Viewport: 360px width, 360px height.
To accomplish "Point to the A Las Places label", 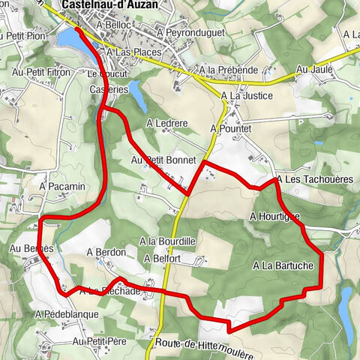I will [x=135, y=53].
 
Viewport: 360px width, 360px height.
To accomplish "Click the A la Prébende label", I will [x=229, y=70].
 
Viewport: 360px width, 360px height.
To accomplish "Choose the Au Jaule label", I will [x=313, y=69].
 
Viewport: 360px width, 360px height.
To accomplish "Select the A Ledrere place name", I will [x=166, y=123].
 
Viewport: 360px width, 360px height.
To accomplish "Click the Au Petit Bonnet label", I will [x=163, y=160].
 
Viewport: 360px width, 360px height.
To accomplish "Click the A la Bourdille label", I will [x=168, y=241].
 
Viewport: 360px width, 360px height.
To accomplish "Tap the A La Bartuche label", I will [x=283, y=265].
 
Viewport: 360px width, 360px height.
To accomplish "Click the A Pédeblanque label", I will [x=67, y=313].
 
